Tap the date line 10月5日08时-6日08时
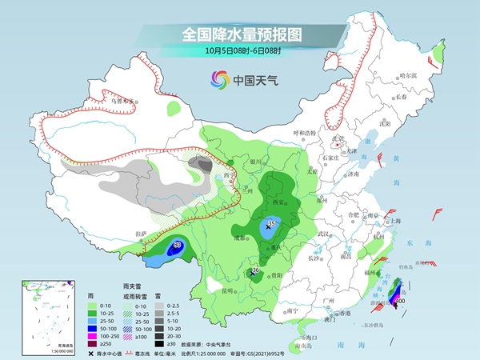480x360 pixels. point(241,50)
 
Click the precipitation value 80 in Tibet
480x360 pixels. point(177,246)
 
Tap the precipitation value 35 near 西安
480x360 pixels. point(271,223)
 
